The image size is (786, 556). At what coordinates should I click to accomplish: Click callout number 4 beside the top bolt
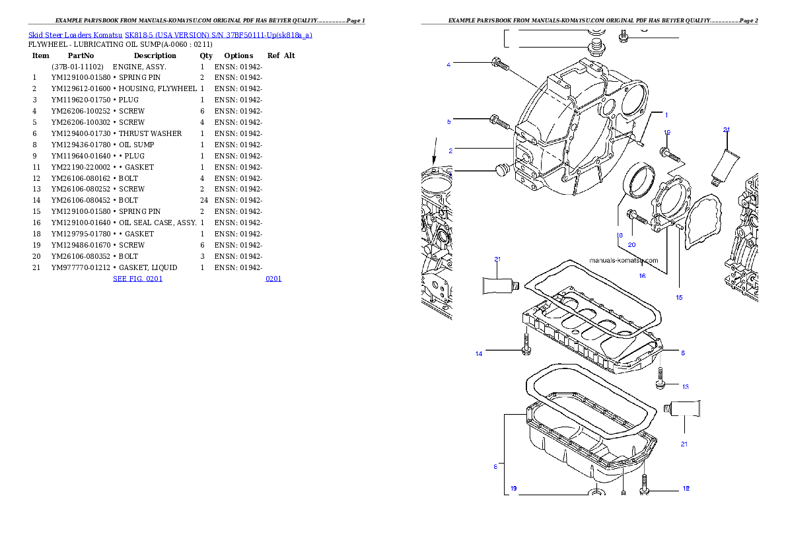point(448,65)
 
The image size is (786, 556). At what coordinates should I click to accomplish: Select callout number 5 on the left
point(448,122)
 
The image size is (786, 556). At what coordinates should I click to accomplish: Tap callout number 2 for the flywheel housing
point(450,151)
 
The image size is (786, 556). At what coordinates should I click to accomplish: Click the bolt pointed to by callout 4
point(500,65)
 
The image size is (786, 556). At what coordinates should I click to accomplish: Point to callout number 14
point(479,354)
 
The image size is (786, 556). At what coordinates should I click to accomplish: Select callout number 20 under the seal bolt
point(631,245)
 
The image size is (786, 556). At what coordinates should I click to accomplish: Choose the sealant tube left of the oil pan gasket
point(500,285)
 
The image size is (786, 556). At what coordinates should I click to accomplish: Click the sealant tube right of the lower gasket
point(684,409)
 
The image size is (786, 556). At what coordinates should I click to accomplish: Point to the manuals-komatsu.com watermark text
point(624,260)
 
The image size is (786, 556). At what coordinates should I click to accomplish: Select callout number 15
point(679,298)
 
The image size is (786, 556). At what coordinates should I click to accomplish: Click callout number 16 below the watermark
point(642,276)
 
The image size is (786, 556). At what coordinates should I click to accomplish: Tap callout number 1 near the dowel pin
point(666,114)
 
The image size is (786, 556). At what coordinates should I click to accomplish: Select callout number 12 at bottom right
point(686,489)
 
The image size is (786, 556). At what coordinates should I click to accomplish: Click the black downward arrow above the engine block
point(434,151)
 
